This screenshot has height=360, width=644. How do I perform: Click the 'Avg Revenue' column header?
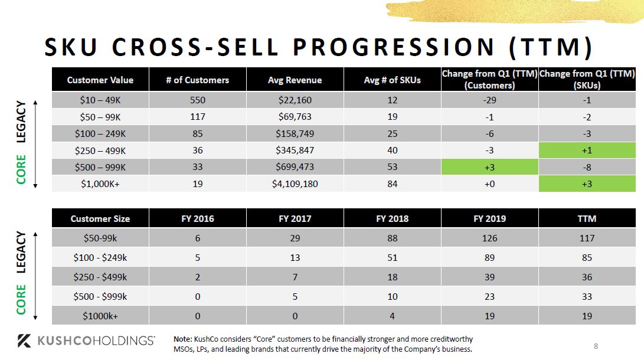click(295, 80)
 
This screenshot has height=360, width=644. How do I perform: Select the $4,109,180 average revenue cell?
click(295, 184)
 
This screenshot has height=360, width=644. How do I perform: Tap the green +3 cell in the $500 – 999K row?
click(489, 167)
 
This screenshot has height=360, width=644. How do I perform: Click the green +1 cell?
click(587, 150)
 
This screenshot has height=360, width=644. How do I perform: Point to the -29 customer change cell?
click(489, 100)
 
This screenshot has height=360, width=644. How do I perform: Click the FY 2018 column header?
click(392, 218)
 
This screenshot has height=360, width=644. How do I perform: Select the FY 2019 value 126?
click(489, 238)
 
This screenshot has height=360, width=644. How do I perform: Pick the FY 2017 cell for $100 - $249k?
click(295, 257)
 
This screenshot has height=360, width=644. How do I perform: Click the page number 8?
click(596, 346)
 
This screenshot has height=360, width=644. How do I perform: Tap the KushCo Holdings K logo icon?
click(24, 341)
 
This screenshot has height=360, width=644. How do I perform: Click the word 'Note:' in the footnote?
click(182, 339)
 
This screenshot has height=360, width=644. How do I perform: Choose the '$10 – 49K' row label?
click(100, 100)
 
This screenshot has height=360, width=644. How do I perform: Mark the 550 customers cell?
click(197, 100)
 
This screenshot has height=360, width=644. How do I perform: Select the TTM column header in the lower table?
click(587, 218)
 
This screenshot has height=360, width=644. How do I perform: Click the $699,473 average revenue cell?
click(295, 167)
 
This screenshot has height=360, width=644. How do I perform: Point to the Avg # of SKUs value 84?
click(392, 184)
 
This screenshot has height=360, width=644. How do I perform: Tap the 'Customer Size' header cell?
click(100, 218)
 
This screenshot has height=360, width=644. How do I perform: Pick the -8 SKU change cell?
click(587, 167)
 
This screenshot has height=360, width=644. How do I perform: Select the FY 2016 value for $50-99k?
click(197, 238)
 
